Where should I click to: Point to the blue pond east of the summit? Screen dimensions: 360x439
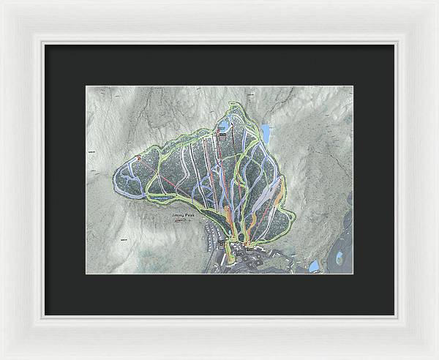click(x=267, y=134)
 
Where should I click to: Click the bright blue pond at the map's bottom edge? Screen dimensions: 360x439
click(x=314, y=266)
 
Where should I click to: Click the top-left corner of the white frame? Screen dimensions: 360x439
click(x=2, y=2)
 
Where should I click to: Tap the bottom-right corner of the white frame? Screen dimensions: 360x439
click(x=437, y=358)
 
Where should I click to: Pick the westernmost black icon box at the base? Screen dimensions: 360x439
click(x=222, y=242)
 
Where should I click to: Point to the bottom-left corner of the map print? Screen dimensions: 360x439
click(x=86, y=274)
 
